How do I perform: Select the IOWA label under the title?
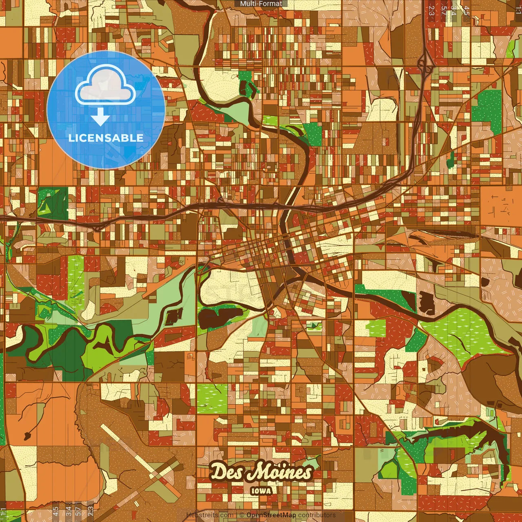pos(261,491)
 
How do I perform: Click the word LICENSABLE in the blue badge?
pos(106,138)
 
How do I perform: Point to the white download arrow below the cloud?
pos(100,117)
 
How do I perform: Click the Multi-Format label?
pos(261,4)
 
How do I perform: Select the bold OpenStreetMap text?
pos(271,515)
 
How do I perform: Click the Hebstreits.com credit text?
pos(210,515)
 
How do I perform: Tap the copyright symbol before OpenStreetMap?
pos(242,515)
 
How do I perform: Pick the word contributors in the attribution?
pos(316,515)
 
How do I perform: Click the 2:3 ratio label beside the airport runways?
pos(91,511)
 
